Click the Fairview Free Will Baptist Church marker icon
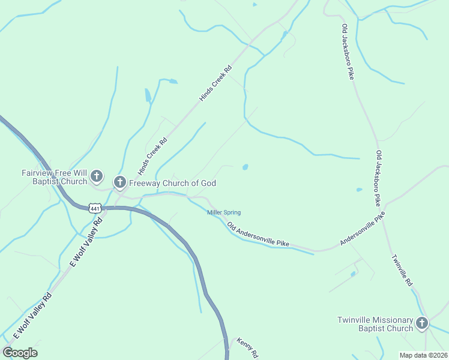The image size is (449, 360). point(97,177)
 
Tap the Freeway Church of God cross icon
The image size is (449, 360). point(119,182)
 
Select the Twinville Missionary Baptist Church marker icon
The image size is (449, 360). point(422,323)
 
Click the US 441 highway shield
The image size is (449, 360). point(94,208)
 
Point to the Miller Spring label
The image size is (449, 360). point(224,212)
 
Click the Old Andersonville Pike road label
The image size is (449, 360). point(258,235)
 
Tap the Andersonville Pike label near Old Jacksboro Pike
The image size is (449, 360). point(361,229)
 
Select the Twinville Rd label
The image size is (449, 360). point(402,270)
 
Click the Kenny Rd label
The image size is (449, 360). point(247,346)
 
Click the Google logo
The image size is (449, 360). point(20,353)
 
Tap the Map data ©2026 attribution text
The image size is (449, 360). point(424,355)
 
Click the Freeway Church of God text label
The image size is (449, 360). point(172,183)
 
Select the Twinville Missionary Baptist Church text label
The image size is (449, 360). point(375,324)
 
